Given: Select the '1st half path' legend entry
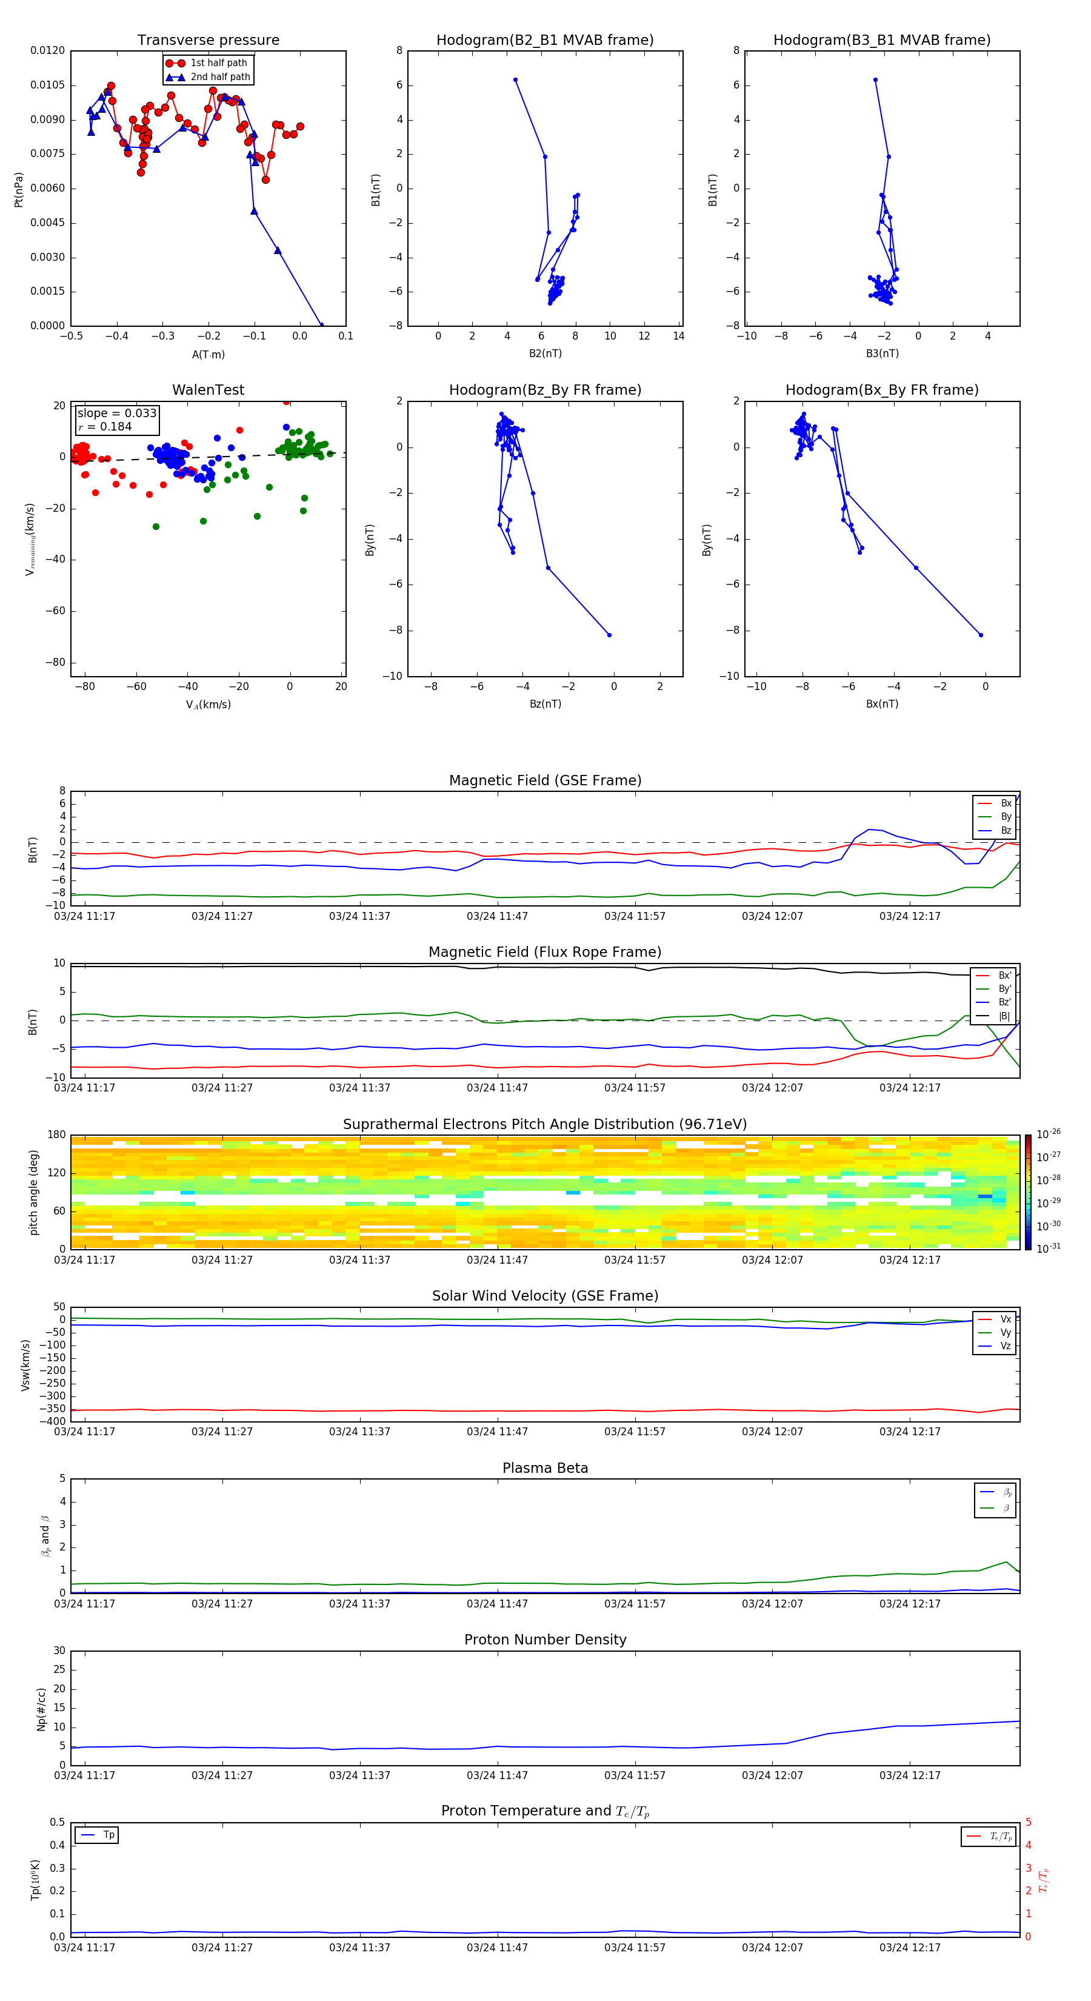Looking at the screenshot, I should pyautogui.click(x=218, y=63).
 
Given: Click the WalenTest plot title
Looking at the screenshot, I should pyautogui.click(x=208, y=390).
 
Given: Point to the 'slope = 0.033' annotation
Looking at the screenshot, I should pyautogui.click(x=116, y=414).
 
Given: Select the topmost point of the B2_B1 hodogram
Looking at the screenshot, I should pyautogui.click(x=515, y=80).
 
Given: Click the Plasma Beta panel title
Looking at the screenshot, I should pyautogui.click(x=545, y=1468).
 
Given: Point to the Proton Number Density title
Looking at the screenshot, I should pyautogui.click(x=545, y=1640).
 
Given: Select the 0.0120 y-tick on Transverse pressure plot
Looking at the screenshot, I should pyautogui.click(x=47, y=50).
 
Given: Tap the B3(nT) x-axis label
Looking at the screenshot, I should pyautogui.click(x=882, y=354).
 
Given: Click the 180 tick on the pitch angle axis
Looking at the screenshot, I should pyautogui.click(x=57, y=1135).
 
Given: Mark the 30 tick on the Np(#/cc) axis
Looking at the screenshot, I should pyautogui.click(x=59, y=1651).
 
